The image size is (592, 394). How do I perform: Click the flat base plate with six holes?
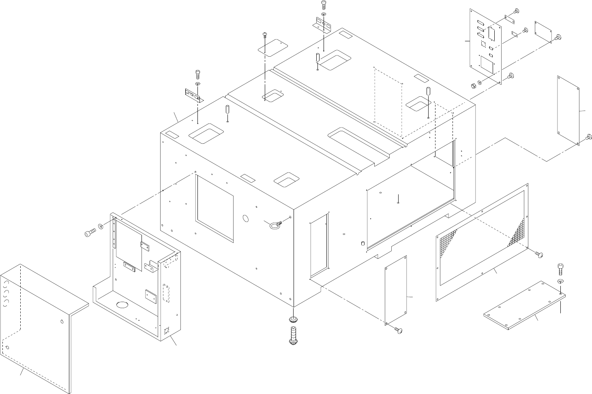pyautogui.click(x=524, y=304)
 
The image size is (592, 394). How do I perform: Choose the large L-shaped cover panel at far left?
pyautogui.click(x=41, y=320)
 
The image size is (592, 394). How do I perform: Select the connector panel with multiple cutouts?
pyautogui.click(x=486, y=46)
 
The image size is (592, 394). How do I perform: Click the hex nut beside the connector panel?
pyautogui.click(x=472, y=85)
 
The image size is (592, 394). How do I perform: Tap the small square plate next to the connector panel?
pyautogui.click(x=544, y=32)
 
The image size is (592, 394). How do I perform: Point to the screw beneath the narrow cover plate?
pyautogui.click(x=397, y=330)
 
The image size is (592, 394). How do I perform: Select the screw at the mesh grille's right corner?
pyautogui.click(x=539, y=254)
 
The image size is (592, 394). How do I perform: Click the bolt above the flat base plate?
pyautogui.click(x=560, y=268)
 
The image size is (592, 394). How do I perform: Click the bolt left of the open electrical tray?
pyautogui.click(x=90, y=233)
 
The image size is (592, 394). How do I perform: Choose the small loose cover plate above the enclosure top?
pyautogui.click(x=272, y=47)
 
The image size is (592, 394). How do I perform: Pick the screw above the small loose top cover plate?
pyautogui.click(x=264, y=34)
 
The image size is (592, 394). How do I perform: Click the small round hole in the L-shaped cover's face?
pyautogui.click(x=62, y=322)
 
